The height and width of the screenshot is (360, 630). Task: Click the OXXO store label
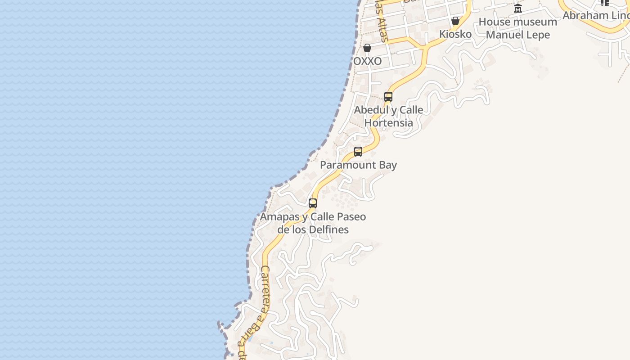[367, 61]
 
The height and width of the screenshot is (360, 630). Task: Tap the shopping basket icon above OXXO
[367, 48]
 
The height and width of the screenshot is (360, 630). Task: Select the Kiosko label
[455, 34]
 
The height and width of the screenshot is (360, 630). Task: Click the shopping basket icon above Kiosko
[455, 21]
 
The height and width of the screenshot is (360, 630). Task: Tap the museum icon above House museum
[518, 9]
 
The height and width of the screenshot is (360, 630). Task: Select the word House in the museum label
[494, 22]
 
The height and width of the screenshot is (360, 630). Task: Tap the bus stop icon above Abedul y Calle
[388, 96]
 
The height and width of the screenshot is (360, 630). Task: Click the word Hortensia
[388, 123]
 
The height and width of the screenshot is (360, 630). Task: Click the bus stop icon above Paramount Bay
[358, 152]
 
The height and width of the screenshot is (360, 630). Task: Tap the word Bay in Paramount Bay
[387, 165]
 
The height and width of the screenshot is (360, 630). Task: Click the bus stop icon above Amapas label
[313, 203]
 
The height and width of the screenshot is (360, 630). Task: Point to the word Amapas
[279, 217]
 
